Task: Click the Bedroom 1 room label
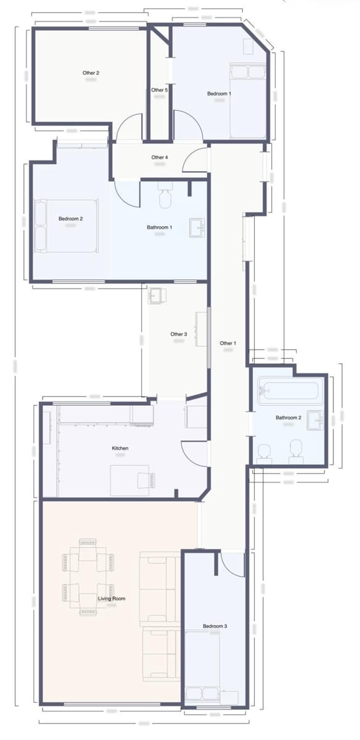[x=219, y=94]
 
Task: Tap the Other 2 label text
[x=91, y=73]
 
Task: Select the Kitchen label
[x=120, y=448]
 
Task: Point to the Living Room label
[x=112, y=598]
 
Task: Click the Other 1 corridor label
[x=227, y=343]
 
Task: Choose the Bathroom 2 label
[x=288, y=417]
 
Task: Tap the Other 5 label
[x=159, y=90]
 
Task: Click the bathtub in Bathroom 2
[x=291, y=390]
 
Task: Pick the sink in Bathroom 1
[x=198, y=227]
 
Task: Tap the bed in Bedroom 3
[x=213, y=669]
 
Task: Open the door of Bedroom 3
[x=232, y=563]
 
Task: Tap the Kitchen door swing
[x=194, y=453]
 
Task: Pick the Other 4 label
[x=159, y=157]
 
